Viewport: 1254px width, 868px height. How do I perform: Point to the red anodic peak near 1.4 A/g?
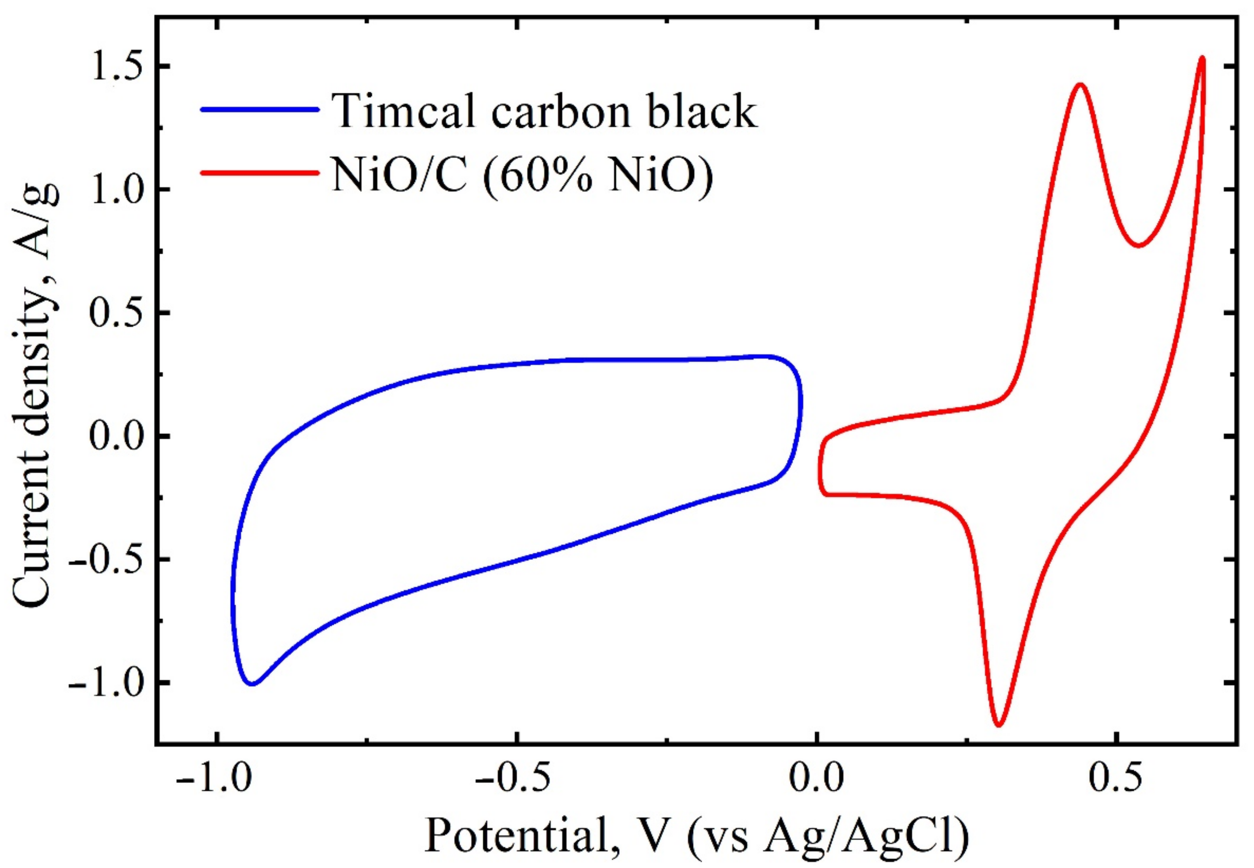pyautogui.click(x=1080, y=85)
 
